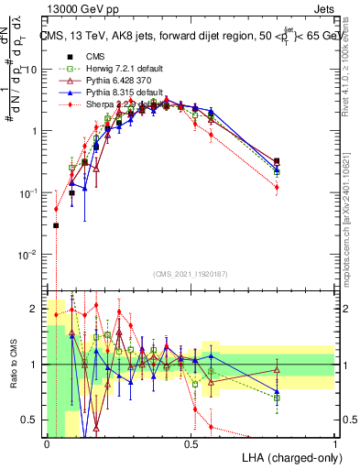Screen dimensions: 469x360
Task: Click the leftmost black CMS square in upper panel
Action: [56, 225]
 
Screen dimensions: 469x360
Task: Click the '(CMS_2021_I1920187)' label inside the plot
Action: [191, 272]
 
